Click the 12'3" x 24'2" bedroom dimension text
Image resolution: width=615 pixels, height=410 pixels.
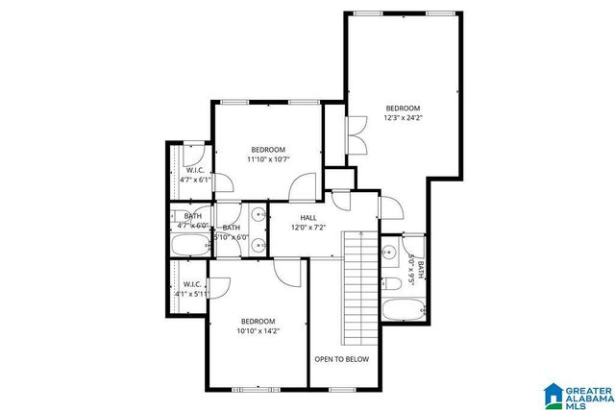point(403,119)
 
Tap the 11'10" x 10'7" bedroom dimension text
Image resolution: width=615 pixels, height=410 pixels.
point(268,159)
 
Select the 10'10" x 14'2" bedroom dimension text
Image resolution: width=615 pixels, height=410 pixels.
point(258,331)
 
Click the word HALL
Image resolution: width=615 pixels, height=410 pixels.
point(308,218)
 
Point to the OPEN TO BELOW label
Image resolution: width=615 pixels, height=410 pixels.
point(341,358)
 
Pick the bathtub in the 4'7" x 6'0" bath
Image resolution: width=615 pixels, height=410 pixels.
point(189,247)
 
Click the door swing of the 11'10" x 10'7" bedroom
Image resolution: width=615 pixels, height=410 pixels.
point(302,186)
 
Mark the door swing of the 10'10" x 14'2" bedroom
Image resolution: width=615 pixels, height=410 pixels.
point(286,272)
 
